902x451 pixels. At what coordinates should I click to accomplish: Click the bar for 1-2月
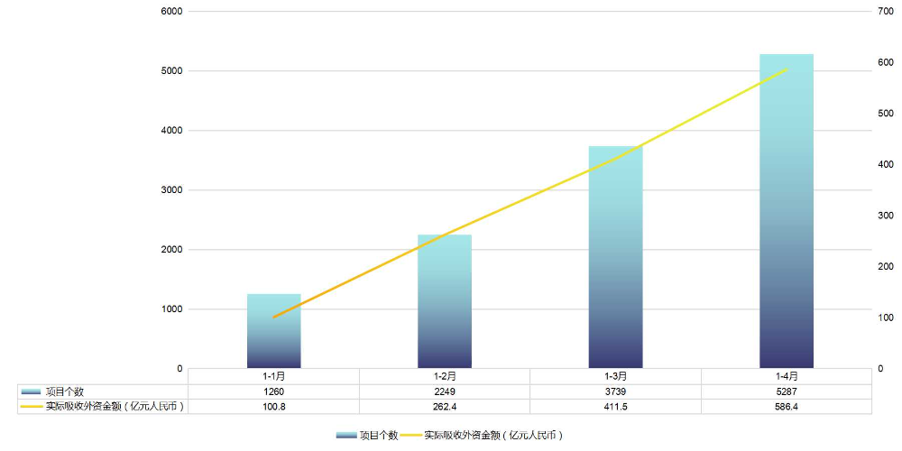(x=445, y=301)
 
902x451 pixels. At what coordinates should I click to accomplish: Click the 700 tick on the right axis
(x=886, y=11)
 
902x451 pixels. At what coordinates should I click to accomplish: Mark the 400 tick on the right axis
(x=886, y=165)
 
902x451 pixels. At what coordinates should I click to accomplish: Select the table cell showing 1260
(x=274, y=391)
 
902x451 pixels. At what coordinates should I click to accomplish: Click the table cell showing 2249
(x=445, y=391)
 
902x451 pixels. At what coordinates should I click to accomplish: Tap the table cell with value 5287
(x=786, y=391)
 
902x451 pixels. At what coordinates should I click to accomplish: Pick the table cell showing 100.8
(x=274, y=407)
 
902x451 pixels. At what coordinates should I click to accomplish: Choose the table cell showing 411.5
(x=615, y=407)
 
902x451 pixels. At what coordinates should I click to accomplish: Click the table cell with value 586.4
(x=786, y=407)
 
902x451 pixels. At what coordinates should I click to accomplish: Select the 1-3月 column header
(x=615, y=376)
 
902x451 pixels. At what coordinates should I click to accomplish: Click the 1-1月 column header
(x=274, y=376)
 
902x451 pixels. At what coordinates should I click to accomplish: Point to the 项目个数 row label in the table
(x=64, y=391)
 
